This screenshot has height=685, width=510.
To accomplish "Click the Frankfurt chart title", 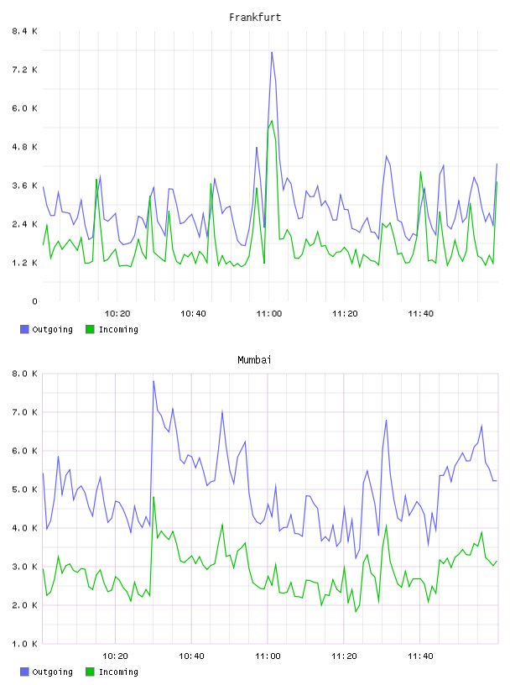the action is coord(255,18).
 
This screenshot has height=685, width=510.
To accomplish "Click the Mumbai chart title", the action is coord(254,360).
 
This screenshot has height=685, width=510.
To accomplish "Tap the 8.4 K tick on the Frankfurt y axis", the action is coord(24,31).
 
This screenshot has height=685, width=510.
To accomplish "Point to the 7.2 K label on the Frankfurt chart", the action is coord(24,70).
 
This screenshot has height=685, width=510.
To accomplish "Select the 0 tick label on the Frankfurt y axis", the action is coord(34,301).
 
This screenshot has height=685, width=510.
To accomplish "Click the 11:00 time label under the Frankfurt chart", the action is coord(269,314).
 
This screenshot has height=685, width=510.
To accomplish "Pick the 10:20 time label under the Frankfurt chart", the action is coord(117,314).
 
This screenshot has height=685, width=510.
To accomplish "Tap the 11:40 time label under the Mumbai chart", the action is coord(420,656).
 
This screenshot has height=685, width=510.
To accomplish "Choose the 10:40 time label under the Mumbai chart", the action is coord(191,656).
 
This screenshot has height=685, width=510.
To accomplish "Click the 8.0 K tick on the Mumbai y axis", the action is coord(24,374).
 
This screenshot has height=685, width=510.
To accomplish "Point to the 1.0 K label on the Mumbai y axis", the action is coord(24,644).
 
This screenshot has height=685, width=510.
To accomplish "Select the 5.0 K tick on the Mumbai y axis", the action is coord(24,489).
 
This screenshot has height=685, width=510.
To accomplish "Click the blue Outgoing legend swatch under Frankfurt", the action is coord(24,329).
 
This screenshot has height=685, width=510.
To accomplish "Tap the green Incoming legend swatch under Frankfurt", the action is coord(90,329).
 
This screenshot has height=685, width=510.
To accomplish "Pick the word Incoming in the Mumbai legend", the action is coord(118,672).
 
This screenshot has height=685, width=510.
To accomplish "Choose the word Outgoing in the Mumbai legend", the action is coord(52,672).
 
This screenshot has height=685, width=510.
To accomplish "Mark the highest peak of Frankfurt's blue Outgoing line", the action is coord(272,52).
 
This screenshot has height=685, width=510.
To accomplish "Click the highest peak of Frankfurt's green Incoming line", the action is coord(272,121).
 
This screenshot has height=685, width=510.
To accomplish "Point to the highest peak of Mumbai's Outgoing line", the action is coord(154,381).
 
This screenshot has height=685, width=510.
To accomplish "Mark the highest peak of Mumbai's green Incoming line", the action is coord(154,497).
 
